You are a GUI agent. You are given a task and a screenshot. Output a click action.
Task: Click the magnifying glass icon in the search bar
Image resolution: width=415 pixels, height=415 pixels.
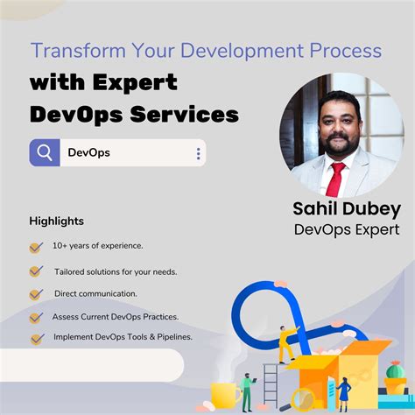pyautogui.click(x=45, y=153)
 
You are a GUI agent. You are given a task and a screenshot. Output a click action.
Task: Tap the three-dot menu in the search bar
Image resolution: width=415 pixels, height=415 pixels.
pyautogui.click(x=198, y=154)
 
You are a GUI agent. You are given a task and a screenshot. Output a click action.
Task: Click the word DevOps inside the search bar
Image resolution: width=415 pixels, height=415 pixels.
pyautogui.click(x=89, y=153)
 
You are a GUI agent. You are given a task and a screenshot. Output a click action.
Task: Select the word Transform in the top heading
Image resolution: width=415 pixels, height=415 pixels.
pyautogui.click(x=73, y=50)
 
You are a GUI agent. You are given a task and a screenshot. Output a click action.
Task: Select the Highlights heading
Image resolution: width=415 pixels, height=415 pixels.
pyautogui.click(x=56, y=221)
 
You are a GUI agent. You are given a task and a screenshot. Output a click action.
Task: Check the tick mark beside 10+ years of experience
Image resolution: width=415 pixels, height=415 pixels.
pyautogui.click(x=36, y=248)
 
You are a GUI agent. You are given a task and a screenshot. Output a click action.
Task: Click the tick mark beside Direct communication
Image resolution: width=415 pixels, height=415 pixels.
pyautogui.click(x=36, y=294)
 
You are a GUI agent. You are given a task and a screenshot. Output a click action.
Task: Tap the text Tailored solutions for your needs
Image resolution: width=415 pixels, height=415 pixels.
pyautogui.click(x=116, y=271)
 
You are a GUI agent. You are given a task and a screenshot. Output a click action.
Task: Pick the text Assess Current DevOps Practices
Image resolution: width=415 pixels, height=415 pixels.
pyautogui.click(x=116, y=316)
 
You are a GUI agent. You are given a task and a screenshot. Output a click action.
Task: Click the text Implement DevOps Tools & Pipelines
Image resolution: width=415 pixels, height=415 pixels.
pyautogui.click(x=123, y=336)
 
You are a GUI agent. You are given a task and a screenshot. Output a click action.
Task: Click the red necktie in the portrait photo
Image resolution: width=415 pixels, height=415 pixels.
pyautogui.click(x=334, y=178)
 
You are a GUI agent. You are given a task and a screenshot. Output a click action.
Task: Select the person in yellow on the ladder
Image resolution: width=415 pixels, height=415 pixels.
pyautogui.click(x=285, y=343)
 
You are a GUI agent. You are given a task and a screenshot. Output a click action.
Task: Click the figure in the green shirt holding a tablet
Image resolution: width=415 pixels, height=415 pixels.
pyautogui.click(x=248, y=389)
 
